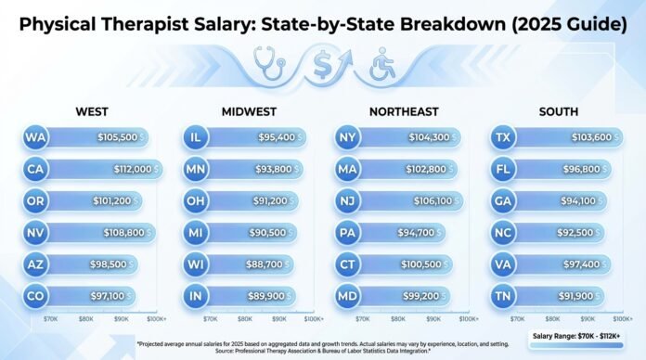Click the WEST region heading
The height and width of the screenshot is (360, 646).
pyautogui.click(x=92, y=112)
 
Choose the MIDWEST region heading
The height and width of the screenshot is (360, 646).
pyautogui.click(x=248, y=112)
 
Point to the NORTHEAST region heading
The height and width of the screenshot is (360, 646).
pyautogui.click(x=405, y=112)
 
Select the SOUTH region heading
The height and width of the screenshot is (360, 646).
pyautogui.click(x=560, y=112)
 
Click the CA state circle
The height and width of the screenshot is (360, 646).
pyautogui.click(x=36, y=169)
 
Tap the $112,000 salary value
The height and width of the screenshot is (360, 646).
pyautogui.click(x=126, y=169)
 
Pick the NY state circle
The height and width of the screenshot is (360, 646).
pyautogui.click(x=348, y=137)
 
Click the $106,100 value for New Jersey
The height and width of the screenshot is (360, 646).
pyautogui.click(x=433, y=200)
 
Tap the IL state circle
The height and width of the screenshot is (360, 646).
pyautogui.click(x=195, y=137)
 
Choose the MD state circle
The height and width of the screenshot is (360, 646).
pyautogui.click(x=348, y=295)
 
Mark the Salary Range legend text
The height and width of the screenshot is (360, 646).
pyautogui.click(x=567, y=336)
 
